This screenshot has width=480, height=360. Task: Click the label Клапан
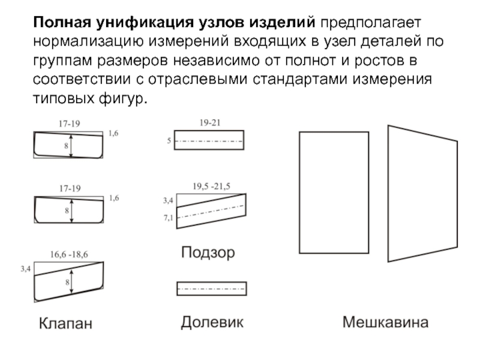point(66,324)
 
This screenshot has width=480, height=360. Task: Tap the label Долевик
point(212,323)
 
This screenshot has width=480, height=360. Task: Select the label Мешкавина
point(386,323)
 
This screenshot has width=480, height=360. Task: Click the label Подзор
point(208,253)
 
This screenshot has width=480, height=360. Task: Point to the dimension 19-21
point(210,122)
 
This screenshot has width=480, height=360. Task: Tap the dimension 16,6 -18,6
point(70,254)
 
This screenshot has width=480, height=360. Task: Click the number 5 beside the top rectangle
point(169,142)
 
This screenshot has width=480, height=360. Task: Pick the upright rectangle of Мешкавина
point(334,193)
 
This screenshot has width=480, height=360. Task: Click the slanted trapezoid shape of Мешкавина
point(422,194)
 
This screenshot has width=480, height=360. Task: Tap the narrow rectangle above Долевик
point(211,289)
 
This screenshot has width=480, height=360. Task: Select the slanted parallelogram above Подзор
point(211,211)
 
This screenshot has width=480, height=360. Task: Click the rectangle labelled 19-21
point(209,140)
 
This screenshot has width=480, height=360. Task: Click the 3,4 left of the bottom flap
point(25,269)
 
